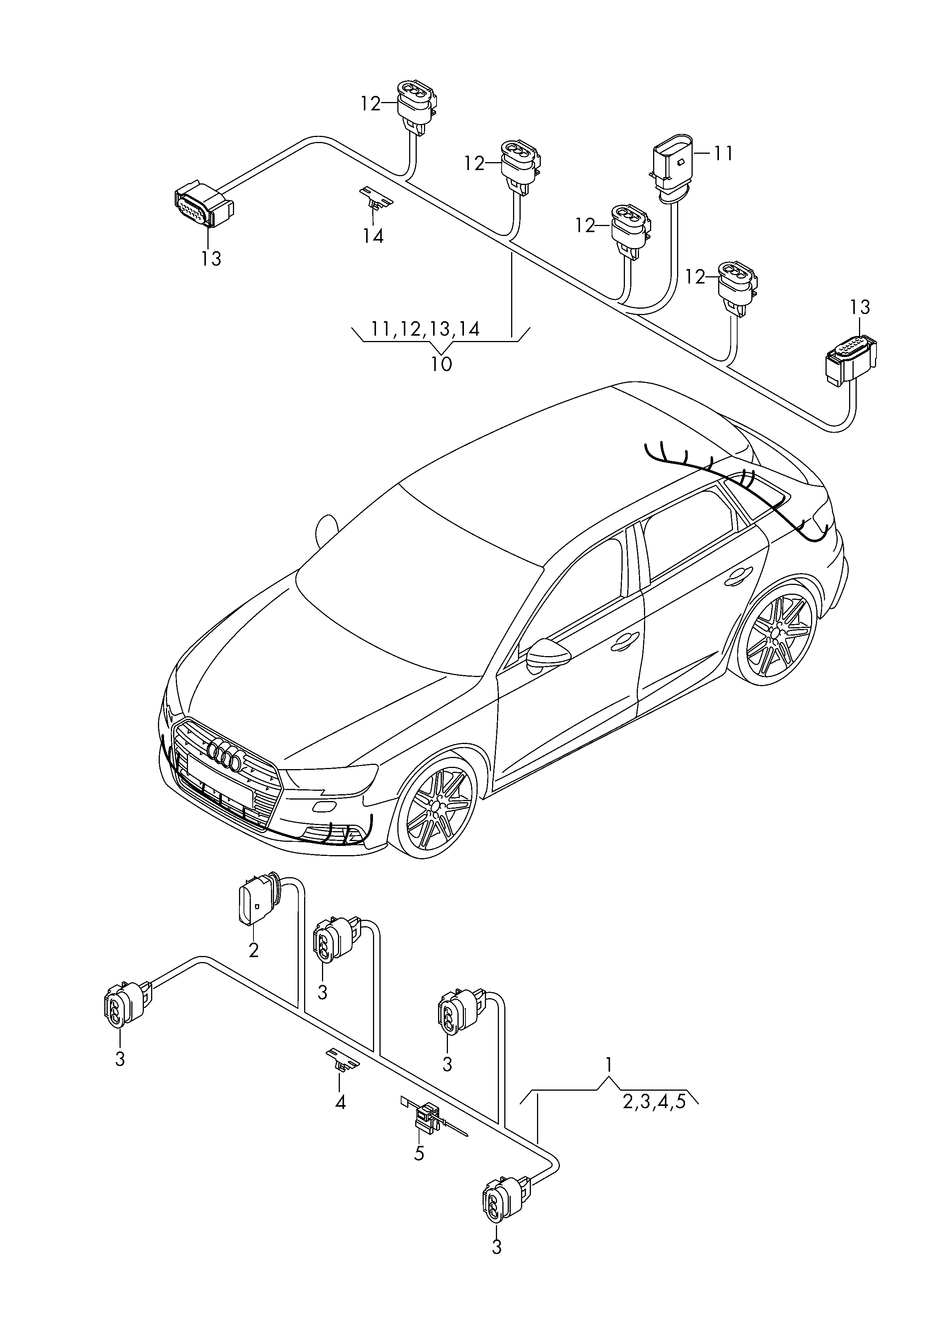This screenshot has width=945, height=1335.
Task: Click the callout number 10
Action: [441, 364]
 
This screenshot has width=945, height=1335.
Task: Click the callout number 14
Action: [373, 236]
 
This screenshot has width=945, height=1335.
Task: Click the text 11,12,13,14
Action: [425, 329]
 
